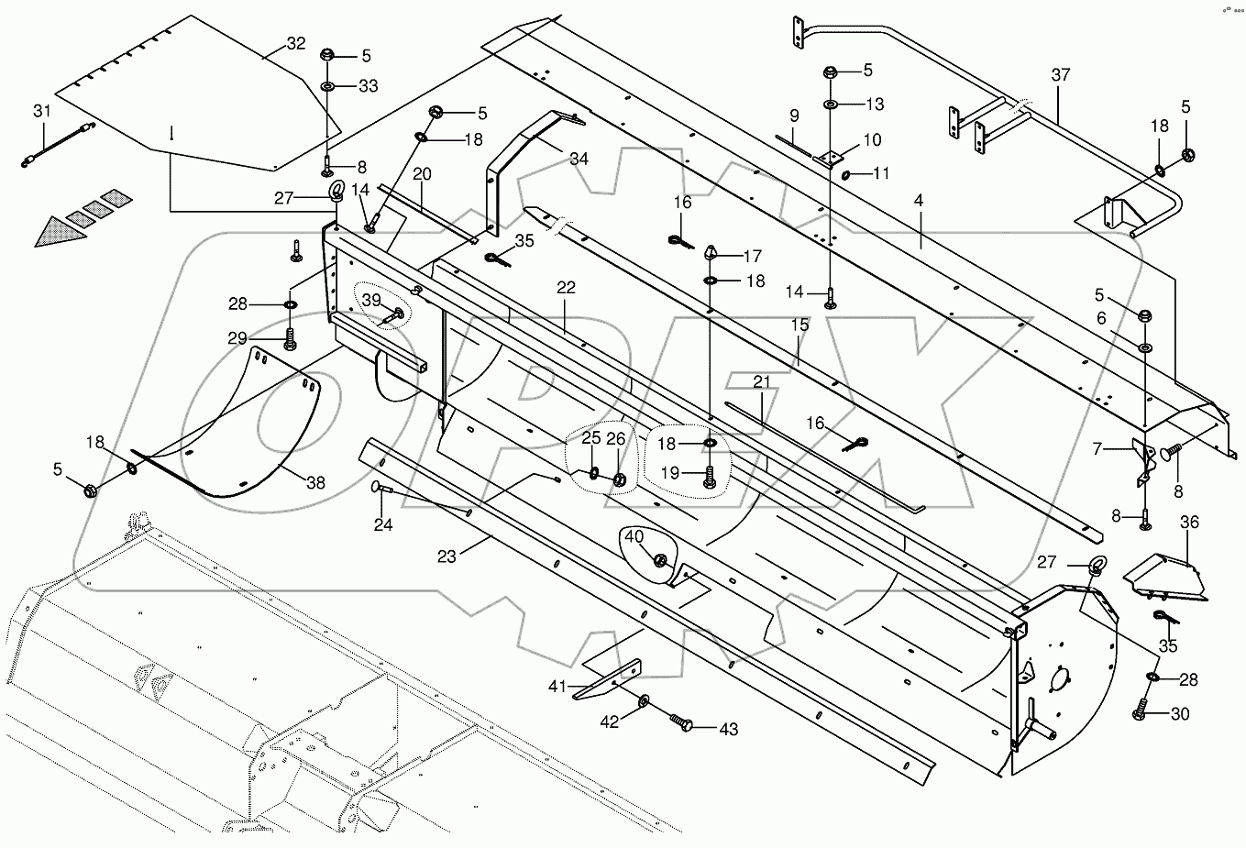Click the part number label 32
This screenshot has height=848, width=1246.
click(296, 44)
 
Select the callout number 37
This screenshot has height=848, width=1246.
click(1061, 75)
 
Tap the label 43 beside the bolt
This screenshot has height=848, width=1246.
click(728, 729)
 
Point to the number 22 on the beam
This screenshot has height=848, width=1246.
click(566, 288)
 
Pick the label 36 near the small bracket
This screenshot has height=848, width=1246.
click(1189, 522)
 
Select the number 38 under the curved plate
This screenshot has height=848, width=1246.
click(315, 482)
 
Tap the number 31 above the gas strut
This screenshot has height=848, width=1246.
click(42, 111)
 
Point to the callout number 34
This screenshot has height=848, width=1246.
click(579, 160)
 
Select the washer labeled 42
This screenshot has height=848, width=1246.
click(645, 701)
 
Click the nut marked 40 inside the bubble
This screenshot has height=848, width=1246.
click(659, 561)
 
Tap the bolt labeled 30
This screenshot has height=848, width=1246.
click(1142, 709)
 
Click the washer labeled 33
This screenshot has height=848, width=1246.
click(328, 87)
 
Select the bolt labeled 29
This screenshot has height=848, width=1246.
click(291, 338)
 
